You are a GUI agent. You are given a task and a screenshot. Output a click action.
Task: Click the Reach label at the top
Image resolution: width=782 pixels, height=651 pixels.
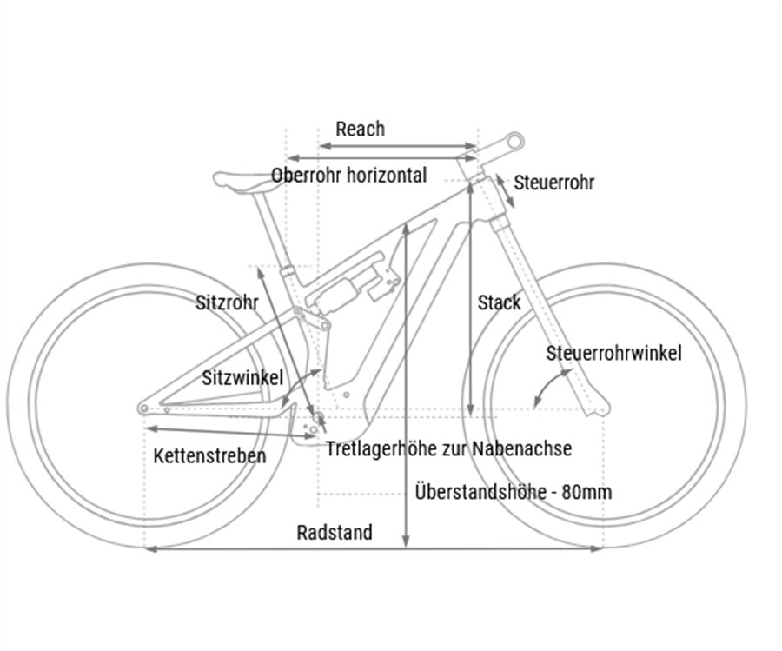point(360,130)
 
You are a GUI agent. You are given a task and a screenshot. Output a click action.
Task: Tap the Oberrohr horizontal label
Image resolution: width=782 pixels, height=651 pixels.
point(348,176)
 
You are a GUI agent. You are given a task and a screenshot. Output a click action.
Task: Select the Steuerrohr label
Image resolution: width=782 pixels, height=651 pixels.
point(554,183)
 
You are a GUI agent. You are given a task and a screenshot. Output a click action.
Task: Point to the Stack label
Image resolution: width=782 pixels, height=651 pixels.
point(499,302)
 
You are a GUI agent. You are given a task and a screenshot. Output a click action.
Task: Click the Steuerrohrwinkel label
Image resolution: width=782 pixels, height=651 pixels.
point(613,353)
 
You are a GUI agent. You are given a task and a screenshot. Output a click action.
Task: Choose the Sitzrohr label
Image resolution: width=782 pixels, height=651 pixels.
point(227,302)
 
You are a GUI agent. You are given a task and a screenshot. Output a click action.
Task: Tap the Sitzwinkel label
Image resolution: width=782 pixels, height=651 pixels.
point(242,378)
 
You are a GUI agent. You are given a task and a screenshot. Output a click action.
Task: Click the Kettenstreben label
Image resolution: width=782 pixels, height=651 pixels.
point(209,455)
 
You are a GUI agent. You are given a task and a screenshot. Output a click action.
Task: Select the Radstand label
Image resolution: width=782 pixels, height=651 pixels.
point(335,532)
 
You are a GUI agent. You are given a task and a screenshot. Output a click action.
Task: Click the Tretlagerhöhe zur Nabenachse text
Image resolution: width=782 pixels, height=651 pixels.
point(448,448)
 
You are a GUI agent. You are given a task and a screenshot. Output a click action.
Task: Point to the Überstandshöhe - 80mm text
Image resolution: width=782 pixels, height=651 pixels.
point(513,492)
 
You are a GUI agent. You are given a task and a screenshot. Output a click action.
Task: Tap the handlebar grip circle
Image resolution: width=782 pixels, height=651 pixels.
point(514,139)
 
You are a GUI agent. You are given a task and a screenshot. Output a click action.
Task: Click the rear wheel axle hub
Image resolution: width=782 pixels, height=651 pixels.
point(143,408)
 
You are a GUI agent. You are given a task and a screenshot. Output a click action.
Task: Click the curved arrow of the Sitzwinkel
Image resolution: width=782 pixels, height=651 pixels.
point(298,382)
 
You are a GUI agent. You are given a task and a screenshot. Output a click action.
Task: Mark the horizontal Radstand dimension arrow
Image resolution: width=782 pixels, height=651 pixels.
point(374,548)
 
